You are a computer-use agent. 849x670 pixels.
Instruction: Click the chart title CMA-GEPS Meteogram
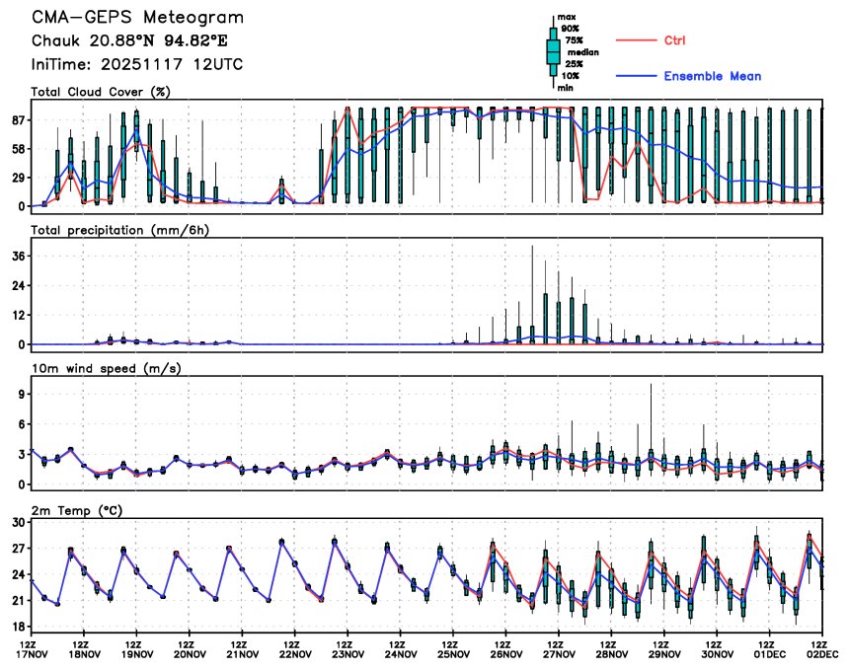tap(137, 18)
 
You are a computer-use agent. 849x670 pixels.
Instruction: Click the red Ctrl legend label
tap(675, 40)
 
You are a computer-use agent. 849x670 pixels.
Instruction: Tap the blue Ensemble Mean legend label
tap(712, 76)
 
